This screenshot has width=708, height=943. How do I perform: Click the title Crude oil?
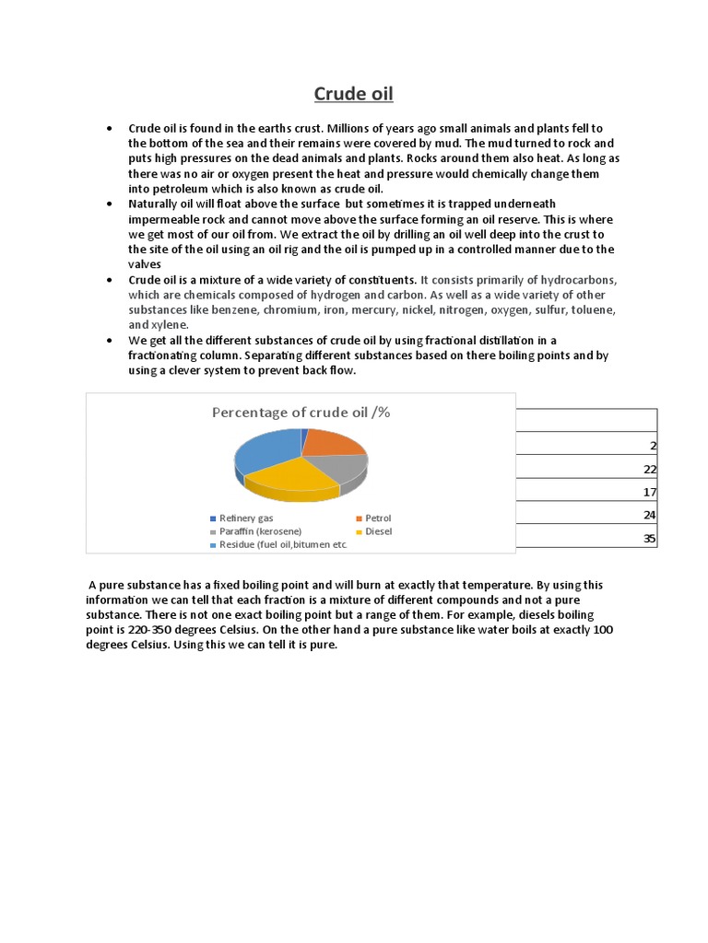coord(353,94)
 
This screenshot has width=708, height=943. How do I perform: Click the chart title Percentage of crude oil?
coord(301,412)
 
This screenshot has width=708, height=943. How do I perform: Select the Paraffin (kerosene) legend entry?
coord(259,531)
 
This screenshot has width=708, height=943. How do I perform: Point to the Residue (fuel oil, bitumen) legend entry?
coord(282,545)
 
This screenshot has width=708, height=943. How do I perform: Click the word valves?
coord(145,263)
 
